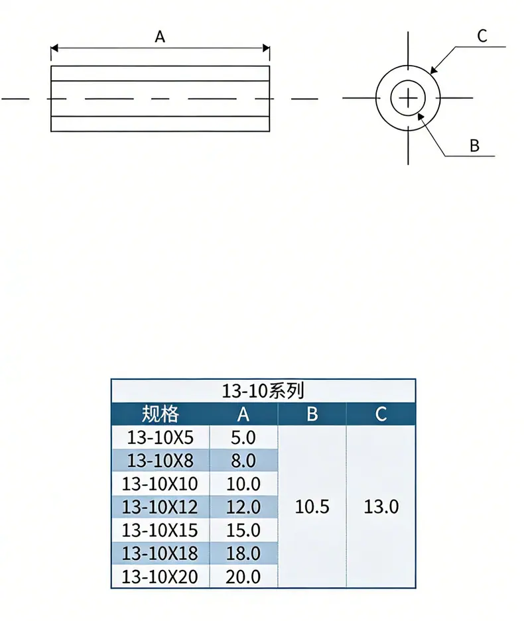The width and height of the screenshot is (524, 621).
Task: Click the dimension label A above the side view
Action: pos(160,37)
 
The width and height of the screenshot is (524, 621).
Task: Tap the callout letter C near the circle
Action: pos(482,36)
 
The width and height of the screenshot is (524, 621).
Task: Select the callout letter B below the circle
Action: pos(474,146)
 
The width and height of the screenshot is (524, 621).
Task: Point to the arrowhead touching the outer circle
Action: pos(434,70)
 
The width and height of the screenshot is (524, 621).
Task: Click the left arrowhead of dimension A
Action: pos(54,48)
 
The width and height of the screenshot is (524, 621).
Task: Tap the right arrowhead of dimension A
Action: pos(266,48)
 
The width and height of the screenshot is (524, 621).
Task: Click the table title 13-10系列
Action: pos(263,391)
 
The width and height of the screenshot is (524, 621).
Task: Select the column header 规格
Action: pos(160,414)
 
